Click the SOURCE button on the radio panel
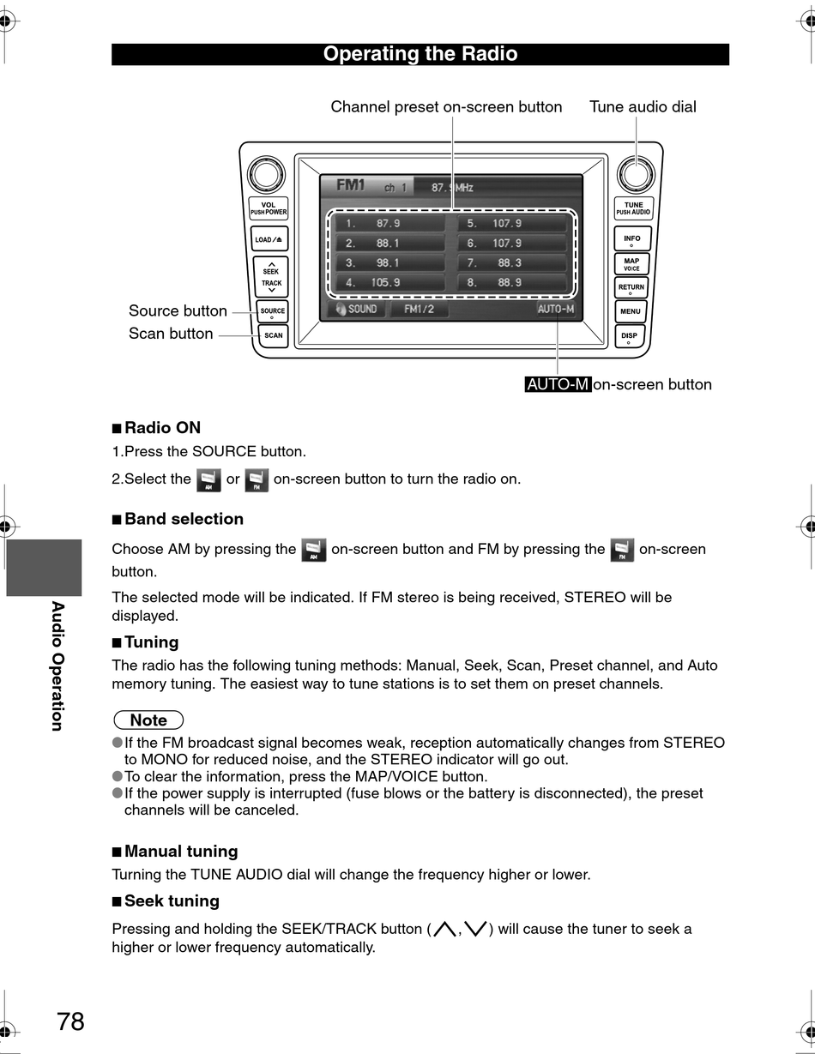click(x=272, y=312)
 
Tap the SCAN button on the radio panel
click(x=273, y=335)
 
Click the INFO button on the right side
click(x=631, y=239)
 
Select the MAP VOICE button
click(x=631, y=264)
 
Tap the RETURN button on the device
click(x=631, y=288)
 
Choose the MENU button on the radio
click(x=631, y=311)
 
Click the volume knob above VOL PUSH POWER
click(x=266, y=175)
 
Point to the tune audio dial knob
click(x=636, y=174)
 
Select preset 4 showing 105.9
click(x=387, y=282)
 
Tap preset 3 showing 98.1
click(x=387, y=262)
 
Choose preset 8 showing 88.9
click(x=512, y=282)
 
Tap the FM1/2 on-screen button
click(x=420, y=309)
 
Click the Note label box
click(x=148, y=720)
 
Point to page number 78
click(x=71, y=1021)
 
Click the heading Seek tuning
click(x=172, y=900)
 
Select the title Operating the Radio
click(x=420, y=54)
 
